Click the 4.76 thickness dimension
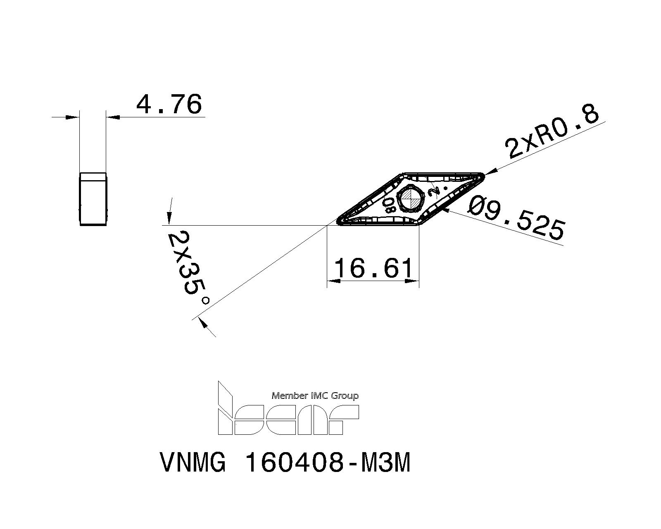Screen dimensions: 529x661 coord(169,104)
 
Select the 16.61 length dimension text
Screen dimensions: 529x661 coord(373,268)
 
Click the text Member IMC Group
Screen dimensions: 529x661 coord(315,396)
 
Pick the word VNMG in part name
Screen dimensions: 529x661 coord(193,462)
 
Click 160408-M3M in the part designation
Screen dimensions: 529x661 coord(328,462)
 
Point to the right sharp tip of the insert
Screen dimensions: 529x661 coord(483,176)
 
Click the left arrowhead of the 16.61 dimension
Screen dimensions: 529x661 coord(333,281)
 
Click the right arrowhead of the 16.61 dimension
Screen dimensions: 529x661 coord(413,281)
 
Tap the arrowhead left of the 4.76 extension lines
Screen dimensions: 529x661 coord(72,117)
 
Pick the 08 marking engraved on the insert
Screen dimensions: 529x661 coord(389,204)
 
